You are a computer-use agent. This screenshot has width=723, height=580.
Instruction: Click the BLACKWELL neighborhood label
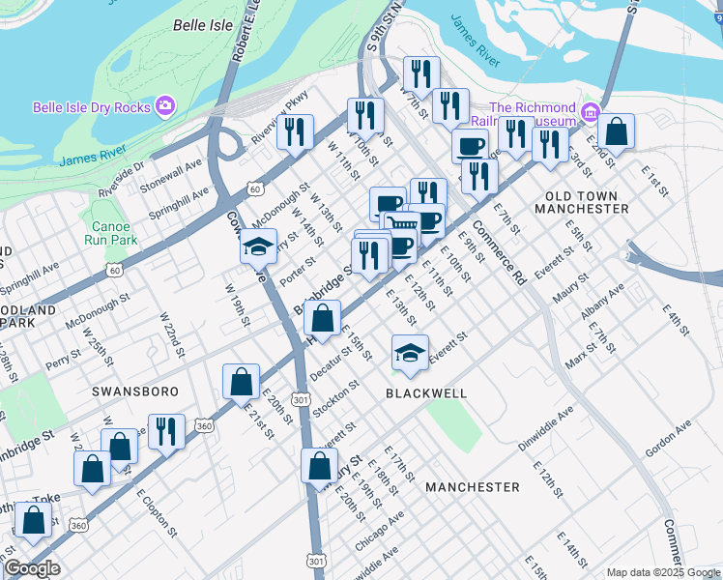pyautogui.click(x=426, y=393)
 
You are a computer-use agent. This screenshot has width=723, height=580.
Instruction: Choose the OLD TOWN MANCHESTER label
pyautogui.click(x=581, y=201)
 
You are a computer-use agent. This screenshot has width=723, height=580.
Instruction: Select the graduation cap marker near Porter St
pyautogui.click(x=259, y=247)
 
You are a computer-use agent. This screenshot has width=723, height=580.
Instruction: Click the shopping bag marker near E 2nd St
pyautogui.click(x=616, y=131)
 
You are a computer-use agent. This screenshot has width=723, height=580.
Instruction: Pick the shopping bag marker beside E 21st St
pyautogui.click(x=241, y=382)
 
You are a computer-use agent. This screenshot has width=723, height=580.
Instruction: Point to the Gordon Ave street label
pyautogui.click(x=669, y=439)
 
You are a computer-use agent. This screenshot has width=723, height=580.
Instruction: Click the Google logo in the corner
pyautogui.click(x=32, y=568)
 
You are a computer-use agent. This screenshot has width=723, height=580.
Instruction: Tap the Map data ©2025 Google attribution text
pyautogui.click(x=662, y=572)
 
